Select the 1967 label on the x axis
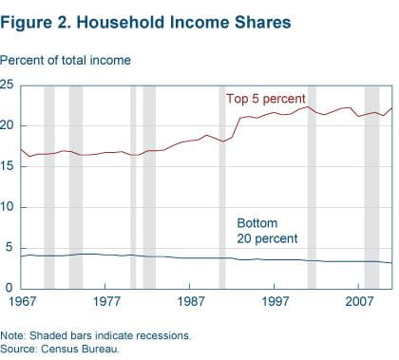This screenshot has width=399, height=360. point(22,301)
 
